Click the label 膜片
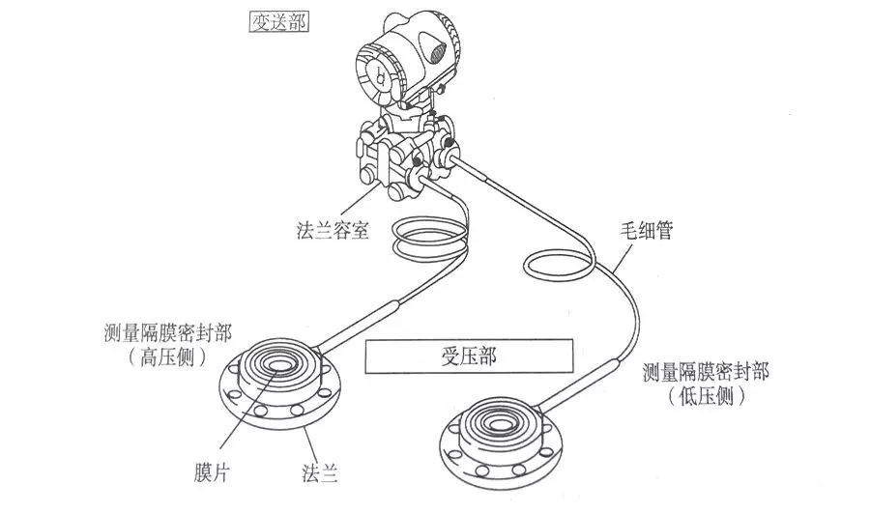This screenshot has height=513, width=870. coord(212,473)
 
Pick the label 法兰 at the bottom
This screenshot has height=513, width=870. coord(318,473)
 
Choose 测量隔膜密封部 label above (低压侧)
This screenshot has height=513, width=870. coord(707,372)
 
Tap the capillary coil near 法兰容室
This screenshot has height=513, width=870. coord(430,238)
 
